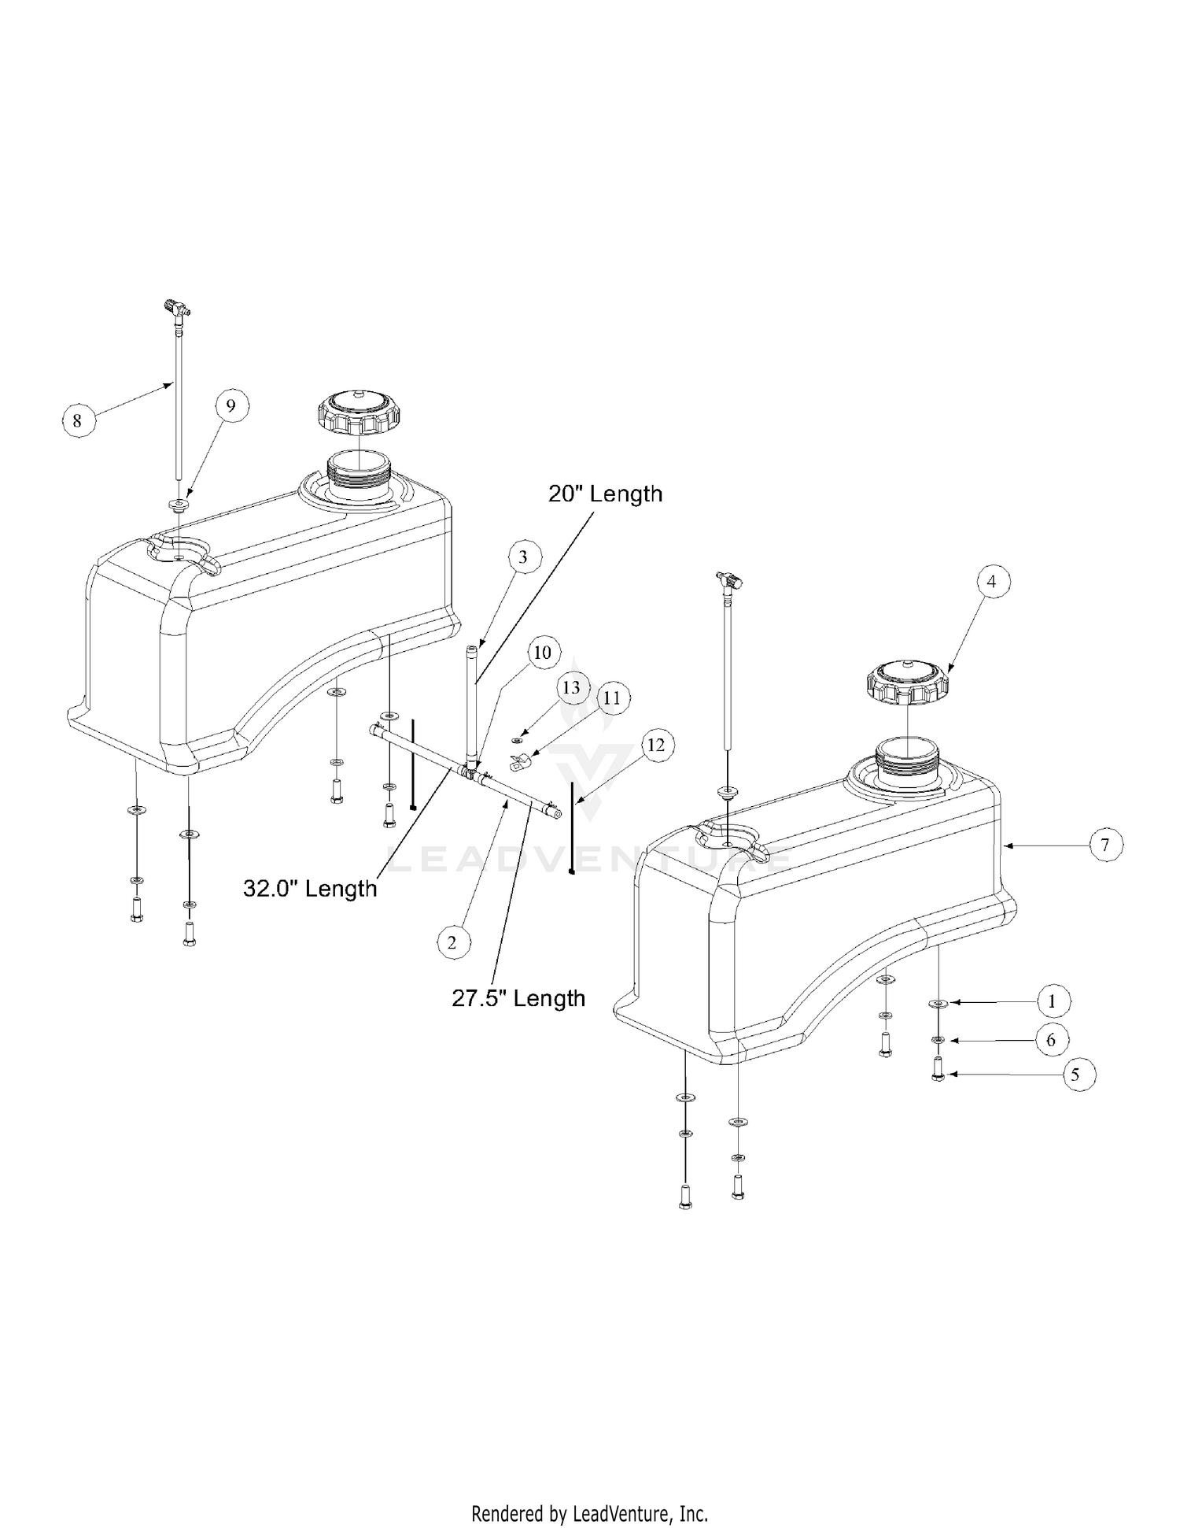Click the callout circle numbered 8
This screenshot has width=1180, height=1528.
tap(76, 420)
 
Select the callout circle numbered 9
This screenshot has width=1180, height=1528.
tap(230, 406)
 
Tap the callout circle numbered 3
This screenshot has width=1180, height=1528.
tap(523, 557)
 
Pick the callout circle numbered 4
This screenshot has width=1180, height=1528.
tap(991, 582)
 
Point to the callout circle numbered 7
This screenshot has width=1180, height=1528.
tap(1105, 845)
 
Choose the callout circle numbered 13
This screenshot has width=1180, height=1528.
tap(571, 687)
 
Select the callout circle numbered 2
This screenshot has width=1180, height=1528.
tap(452, 942)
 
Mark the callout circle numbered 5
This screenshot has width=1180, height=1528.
tap(1075, 1075)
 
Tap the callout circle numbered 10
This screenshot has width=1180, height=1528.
tap(543, 653)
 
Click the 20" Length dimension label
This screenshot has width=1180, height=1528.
tap(605, 494)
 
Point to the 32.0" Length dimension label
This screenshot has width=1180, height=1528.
tap(310, 889)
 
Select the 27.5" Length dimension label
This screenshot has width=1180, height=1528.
tap(518, 998)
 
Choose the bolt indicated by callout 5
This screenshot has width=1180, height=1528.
tap(938, 1071)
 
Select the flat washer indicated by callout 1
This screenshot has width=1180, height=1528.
tap(938, 1004)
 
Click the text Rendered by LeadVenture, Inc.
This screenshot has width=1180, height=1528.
tap(589, 1513)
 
